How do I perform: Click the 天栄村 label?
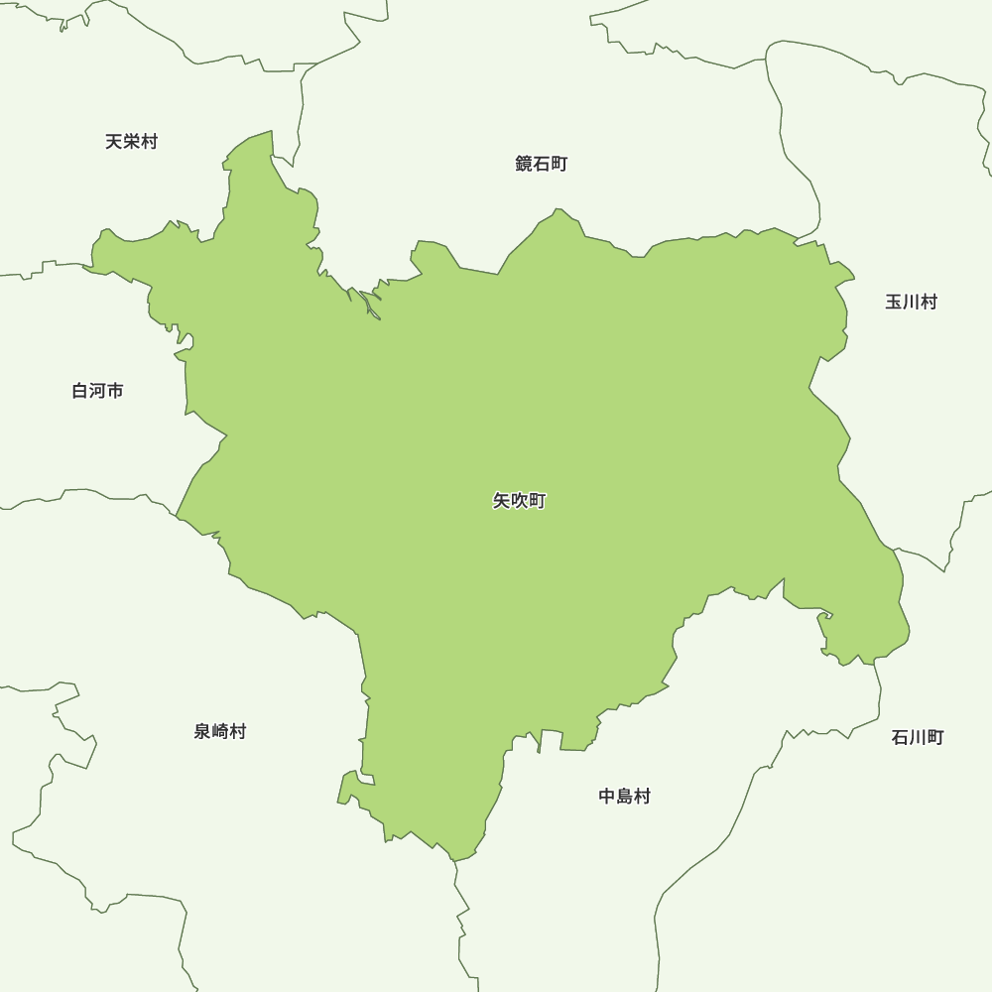click(131, 142)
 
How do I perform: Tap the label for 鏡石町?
click(542, 164)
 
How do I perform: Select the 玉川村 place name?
click(911, 302)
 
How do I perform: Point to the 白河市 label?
click(97, 391)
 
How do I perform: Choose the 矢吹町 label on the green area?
click(519, 501)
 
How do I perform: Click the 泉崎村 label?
click(219, 731)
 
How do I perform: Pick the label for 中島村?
click(624, 796)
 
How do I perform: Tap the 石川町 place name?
click(917, 737)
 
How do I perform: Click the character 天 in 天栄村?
click(114, 142)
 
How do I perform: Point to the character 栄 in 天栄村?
click(131, 142)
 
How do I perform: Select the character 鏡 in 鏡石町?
click(525, 164)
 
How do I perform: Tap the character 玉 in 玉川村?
click(894, 302)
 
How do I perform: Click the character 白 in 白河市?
click(80, 391)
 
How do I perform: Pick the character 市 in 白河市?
click(115, 391)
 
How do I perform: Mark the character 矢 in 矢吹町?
click(502, 501)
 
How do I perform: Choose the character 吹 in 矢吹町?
click(519, 501)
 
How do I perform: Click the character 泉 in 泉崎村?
click(202, 731)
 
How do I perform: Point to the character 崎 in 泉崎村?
click(219, 731)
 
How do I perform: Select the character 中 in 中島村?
click(607, 796)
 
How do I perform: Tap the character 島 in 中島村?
click(624, 796)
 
